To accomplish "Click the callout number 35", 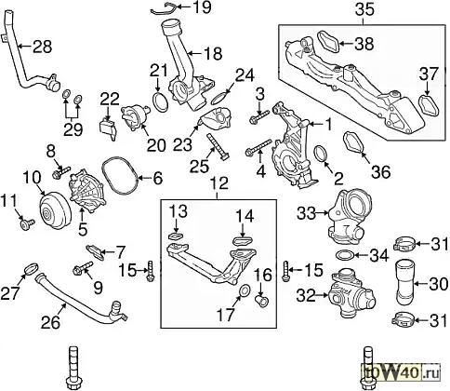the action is click(x=364, y=9).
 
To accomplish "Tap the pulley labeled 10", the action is click(x=55, y=210).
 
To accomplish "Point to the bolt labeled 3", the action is click(x=258, y=117).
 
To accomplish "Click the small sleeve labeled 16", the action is click(x=261, y=301).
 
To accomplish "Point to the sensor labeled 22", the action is click(x=108, y=130).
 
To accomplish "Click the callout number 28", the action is click(x=42, y=47).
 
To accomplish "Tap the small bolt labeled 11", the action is click(x=26, y=223).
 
